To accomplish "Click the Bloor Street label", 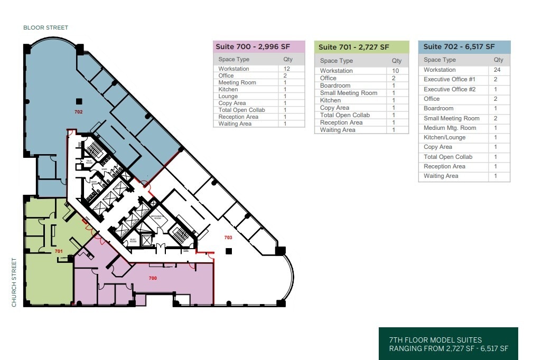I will [x=45, y=27].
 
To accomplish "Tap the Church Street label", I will [x=14, y=282].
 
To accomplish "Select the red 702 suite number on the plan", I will [x=79, y=112].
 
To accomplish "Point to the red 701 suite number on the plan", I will [x=59, y=251].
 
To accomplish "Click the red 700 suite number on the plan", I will [x=153, y=278].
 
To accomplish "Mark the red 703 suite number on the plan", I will [x=228, y=238].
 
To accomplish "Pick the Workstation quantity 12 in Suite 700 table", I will [x=287, y=69].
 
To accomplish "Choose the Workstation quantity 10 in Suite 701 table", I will [x=396, y=71].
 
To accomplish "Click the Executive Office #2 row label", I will [x=450, y=89].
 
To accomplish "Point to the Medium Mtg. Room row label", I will [x=450, y=128].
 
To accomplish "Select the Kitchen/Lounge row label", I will [x=445, y=137].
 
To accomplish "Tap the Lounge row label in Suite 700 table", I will [x=228, y=96].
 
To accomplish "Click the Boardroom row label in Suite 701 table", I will [x=335, y=86].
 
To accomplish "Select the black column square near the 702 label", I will [x=79, y=101].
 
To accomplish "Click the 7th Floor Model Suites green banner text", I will [x=448, y=344].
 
